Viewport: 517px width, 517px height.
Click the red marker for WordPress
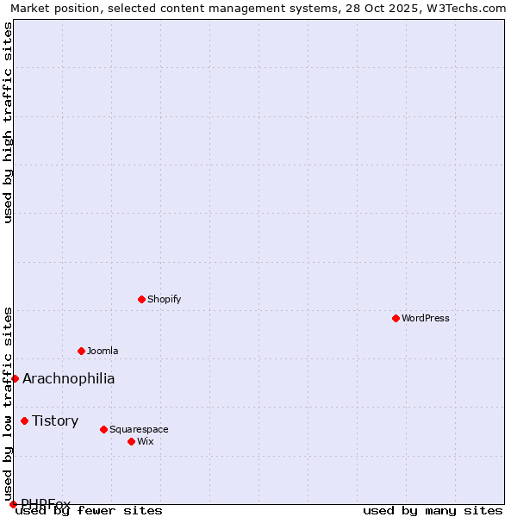[396, 318]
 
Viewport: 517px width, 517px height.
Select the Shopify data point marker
[141, 299]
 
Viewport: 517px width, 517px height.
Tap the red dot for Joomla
[81, 351]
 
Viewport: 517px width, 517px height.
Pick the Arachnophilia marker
[15, 378]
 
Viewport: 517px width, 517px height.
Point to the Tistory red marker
[24, 420]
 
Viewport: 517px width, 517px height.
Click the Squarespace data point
[103, 429]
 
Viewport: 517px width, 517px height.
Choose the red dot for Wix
[131, 441]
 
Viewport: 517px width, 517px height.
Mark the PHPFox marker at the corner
[13, 504]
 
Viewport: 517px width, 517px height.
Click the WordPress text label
[426, 318]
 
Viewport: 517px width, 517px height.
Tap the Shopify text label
[165, 299]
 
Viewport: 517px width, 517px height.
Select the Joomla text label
[103, 351]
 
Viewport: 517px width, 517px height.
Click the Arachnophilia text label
[69, 378]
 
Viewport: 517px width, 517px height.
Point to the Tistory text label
[55, 420]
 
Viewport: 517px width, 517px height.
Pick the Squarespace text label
[139, 429]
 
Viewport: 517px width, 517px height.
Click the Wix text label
[146, 441]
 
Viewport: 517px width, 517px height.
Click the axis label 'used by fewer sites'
[89, 510]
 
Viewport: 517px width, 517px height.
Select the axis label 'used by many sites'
[433, 510]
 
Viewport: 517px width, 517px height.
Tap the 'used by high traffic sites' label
[8, 123]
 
